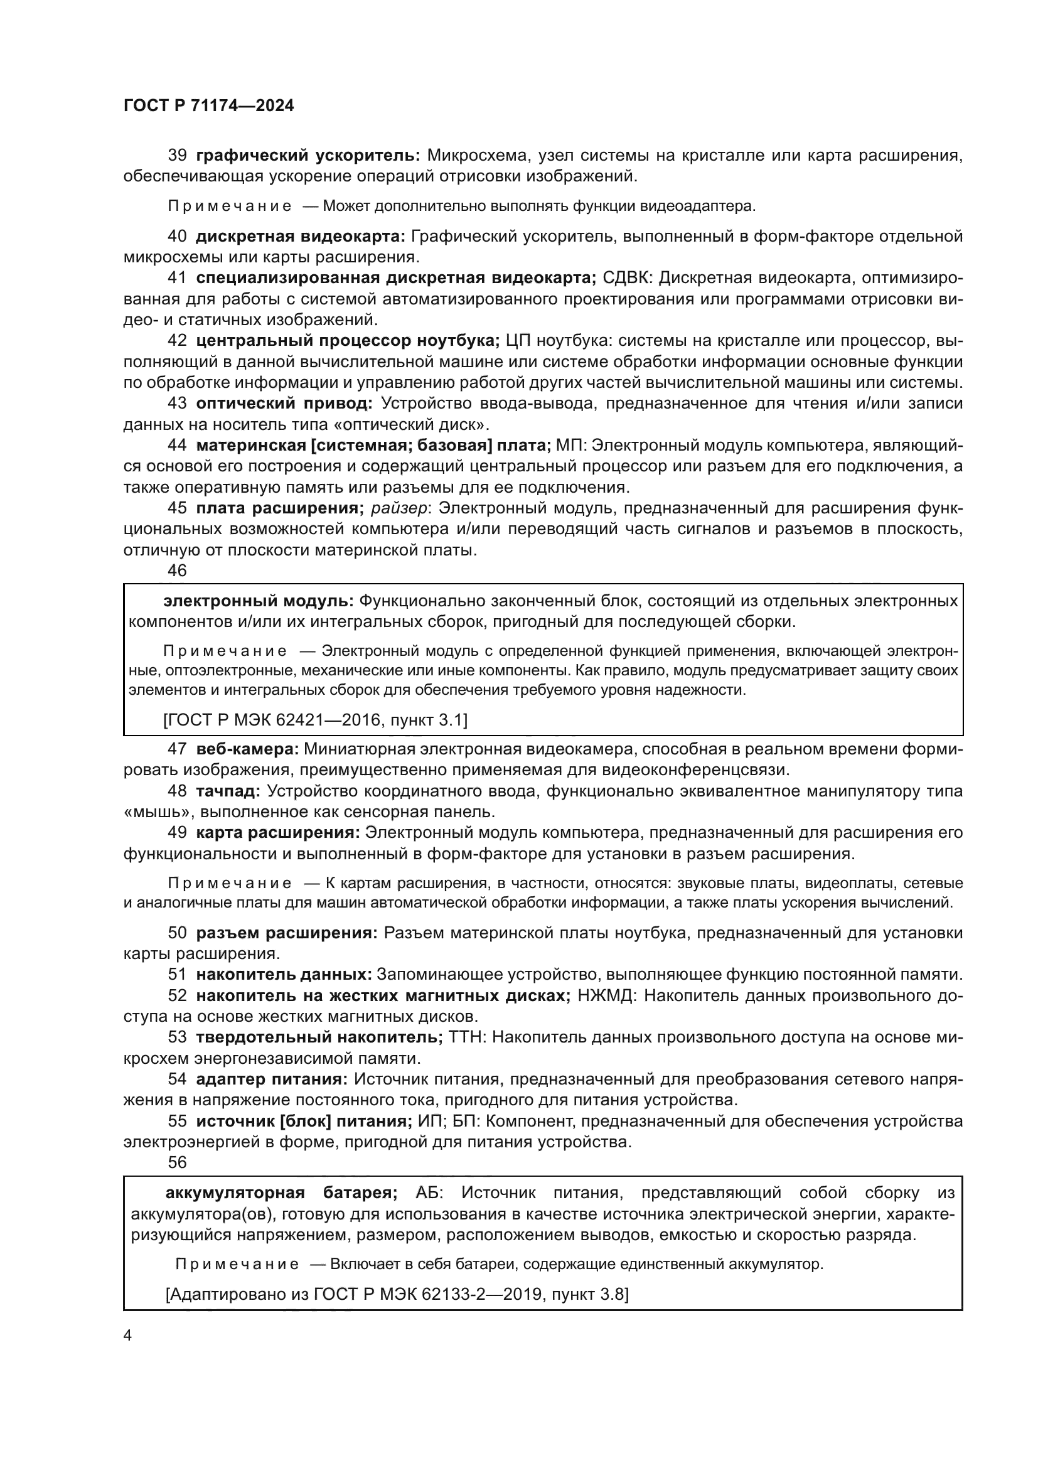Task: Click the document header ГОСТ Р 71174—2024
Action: [x=208, y=106]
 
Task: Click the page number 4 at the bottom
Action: [x=127, y=1335]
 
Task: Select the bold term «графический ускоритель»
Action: [x=308, y=156]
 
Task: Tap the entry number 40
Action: [x=177, y=237]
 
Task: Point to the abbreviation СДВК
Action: [x=624, y=278]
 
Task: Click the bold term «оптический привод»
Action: [x=284, y=404]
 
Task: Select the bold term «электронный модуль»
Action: [x=258, y=601]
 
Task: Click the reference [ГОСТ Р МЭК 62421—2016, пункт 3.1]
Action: [x=316, y=721]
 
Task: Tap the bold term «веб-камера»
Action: [x=247, y=749]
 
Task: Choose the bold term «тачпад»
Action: [x=228, y=791]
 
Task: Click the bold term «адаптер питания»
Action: [x=272, y=1080]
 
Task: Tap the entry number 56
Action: [x=177, y=1162]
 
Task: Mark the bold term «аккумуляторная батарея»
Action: [x=281, y=1192]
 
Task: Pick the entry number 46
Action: [x=177, y=571]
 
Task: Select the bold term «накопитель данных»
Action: [x=284, y=975]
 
